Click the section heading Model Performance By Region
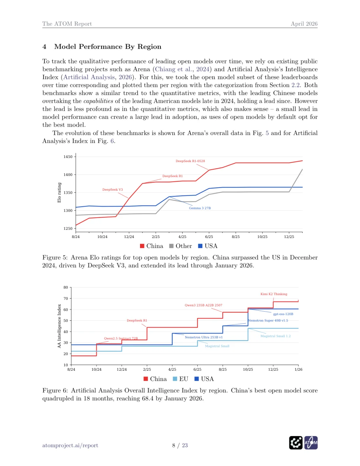click(108, 47)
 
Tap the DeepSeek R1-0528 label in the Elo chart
click(190, 161)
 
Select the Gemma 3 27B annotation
click(200, 208)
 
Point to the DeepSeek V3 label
click(112, 190)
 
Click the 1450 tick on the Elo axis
click(68, 157)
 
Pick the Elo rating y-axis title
click(59, 193)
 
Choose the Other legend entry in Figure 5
click(180, 246)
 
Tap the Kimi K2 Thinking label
click(274, 294)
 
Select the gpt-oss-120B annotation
click(283, 314)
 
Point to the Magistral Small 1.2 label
click(275, 336)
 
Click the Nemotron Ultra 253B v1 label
click(204, 337)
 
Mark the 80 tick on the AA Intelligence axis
click(66, 287)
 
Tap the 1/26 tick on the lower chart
click(298, 369)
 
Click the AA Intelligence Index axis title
click(59, 326)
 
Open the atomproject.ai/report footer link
click(70, 445)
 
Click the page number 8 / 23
click(180, 445)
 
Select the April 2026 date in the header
click(304, 24)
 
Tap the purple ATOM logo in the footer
click(311, 443)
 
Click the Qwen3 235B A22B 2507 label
click(203, 305)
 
